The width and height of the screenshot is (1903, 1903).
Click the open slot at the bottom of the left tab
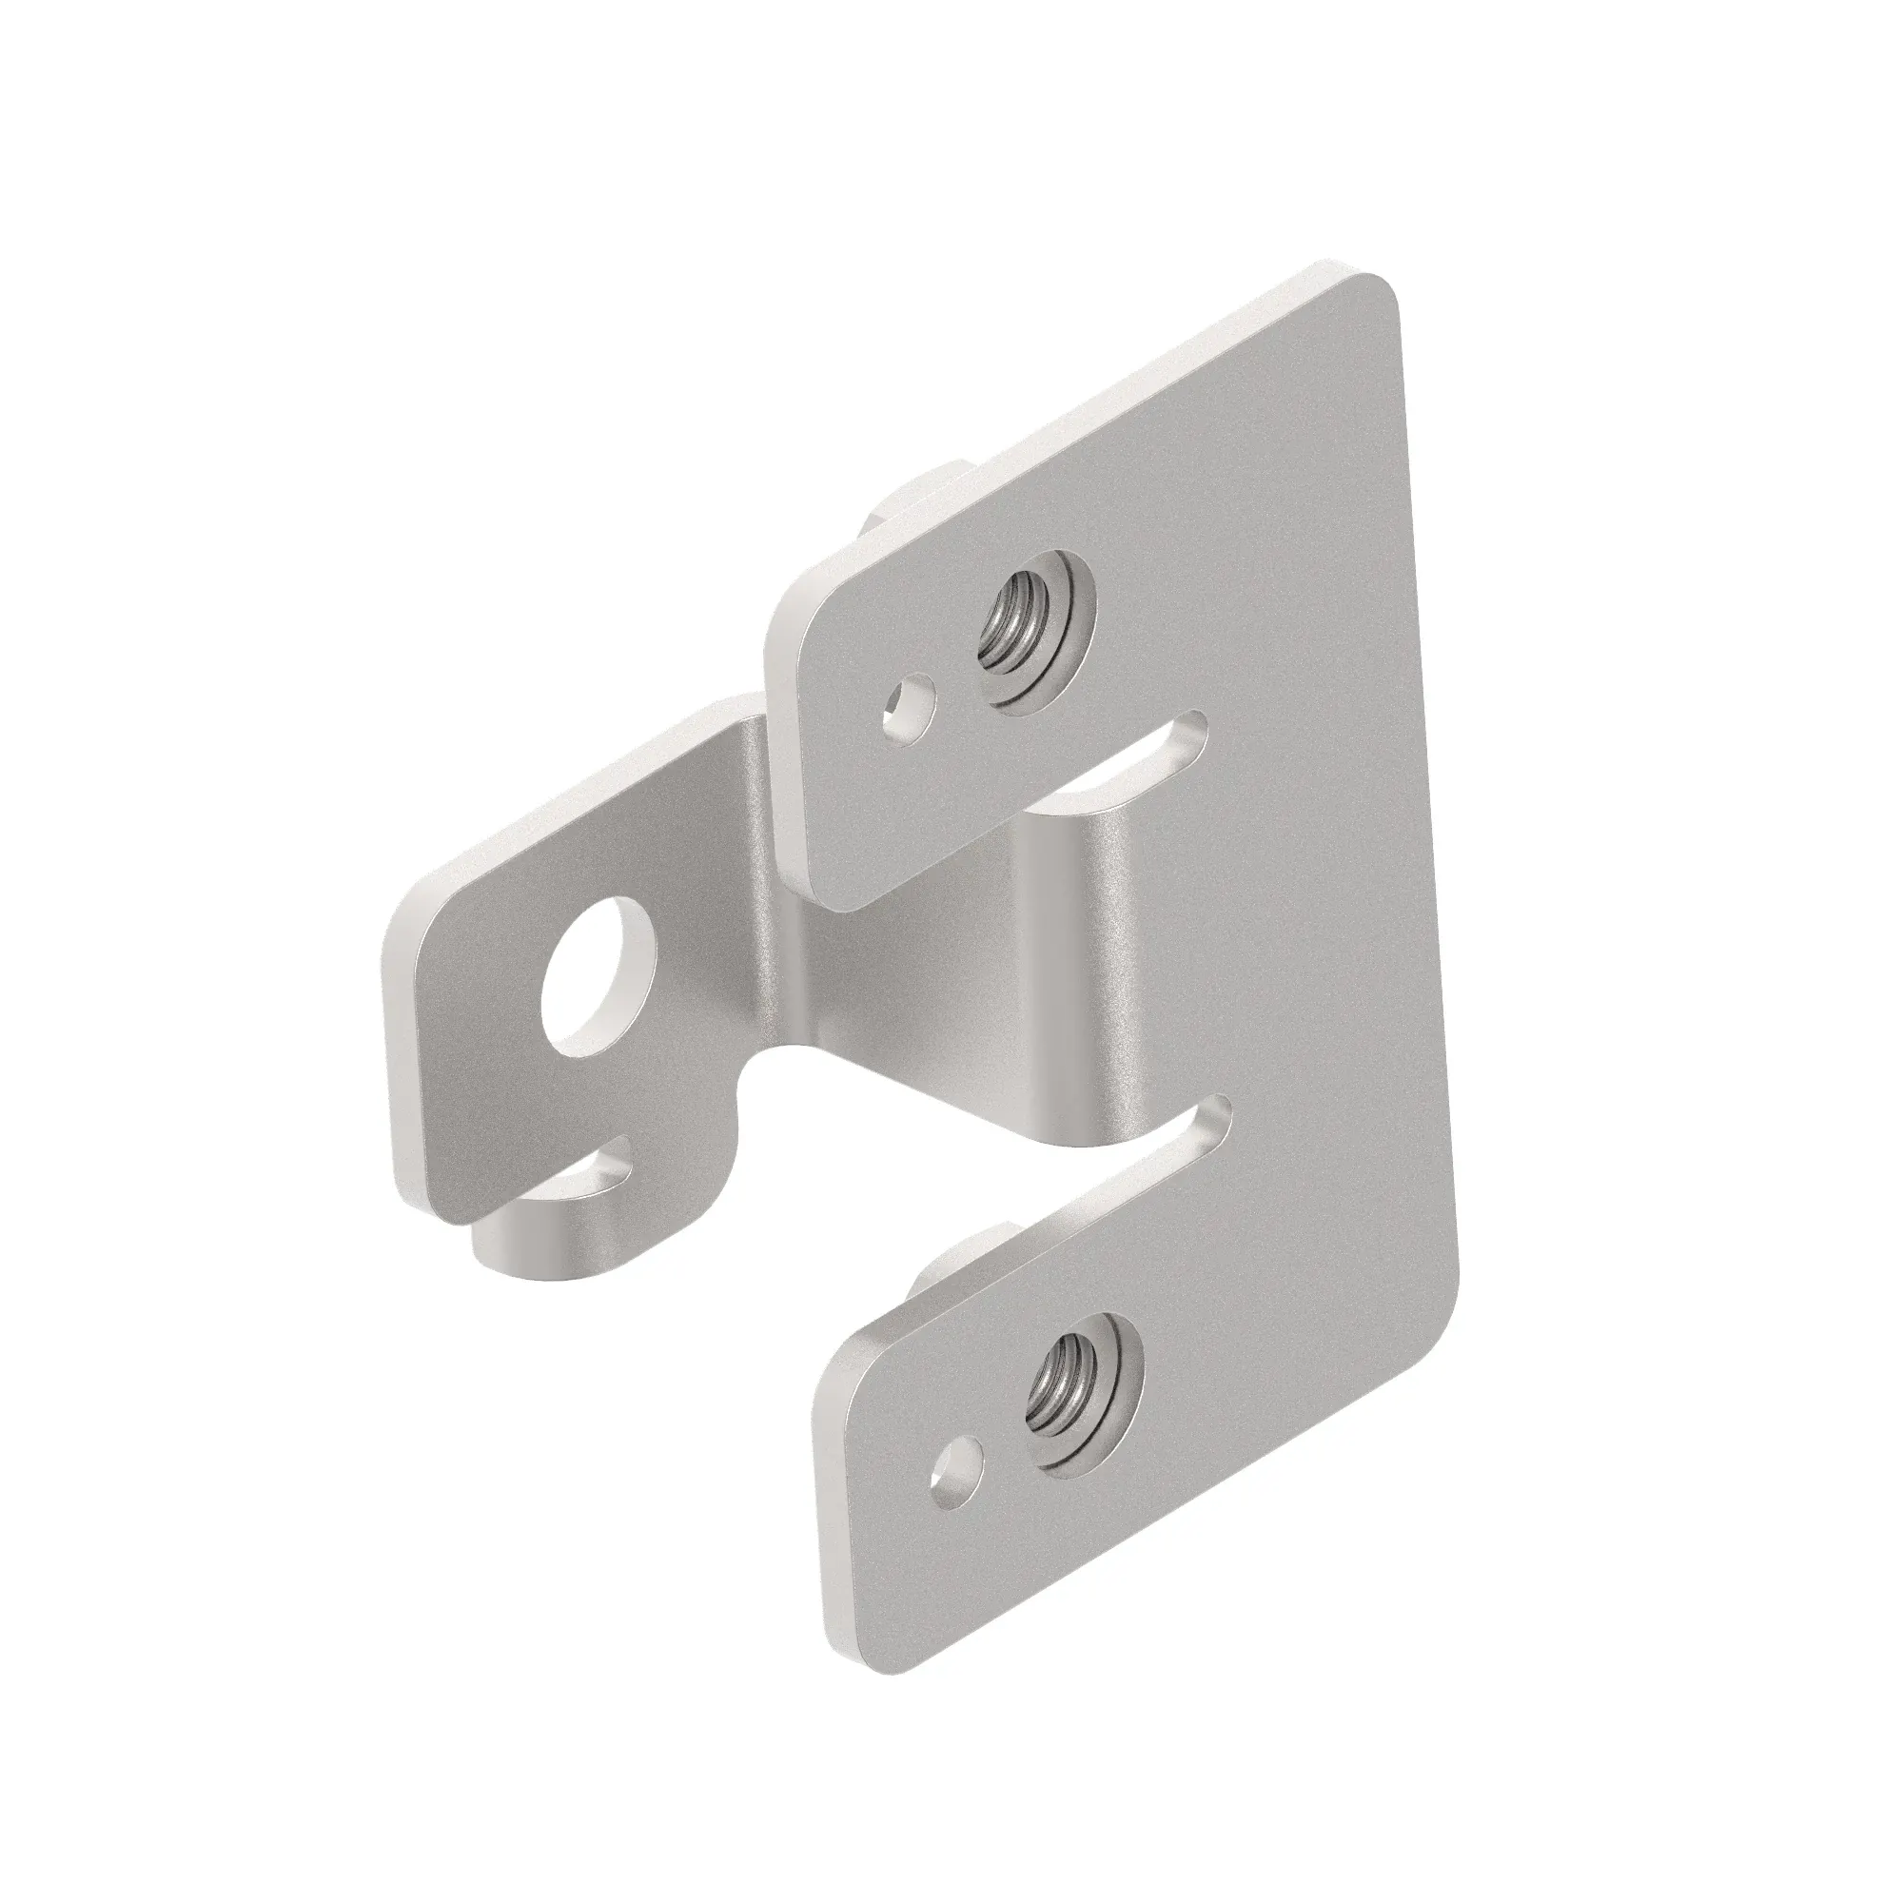tap(595, 1172)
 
